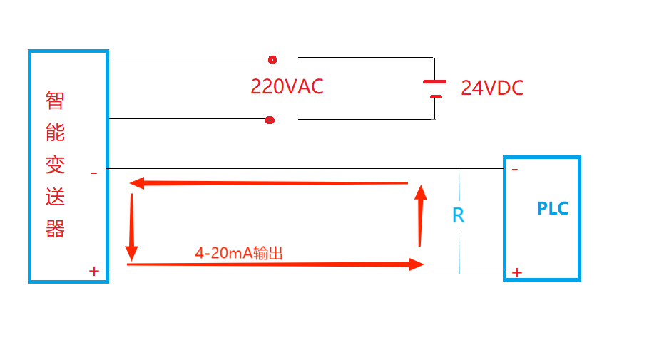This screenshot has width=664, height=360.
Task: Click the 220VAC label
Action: click(287, 86)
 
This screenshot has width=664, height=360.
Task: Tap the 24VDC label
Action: click(492, 88)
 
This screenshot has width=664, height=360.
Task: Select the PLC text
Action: click(553, 209)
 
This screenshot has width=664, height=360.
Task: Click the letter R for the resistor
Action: click(459, 215)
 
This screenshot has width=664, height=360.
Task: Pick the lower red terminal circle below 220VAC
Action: click(270, 120)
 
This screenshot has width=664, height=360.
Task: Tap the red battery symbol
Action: click(434, 88)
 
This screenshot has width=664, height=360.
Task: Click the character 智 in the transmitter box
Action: click(55, 101)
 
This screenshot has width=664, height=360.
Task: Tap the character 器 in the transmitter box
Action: click(55, 229)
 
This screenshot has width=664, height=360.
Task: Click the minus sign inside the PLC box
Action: click(515, 170)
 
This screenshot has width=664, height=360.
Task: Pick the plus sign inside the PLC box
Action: click(517, 272)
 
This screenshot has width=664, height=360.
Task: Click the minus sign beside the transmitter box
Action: click(93, 173)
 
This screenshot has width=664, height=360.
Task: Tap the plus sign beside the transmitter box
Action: click(93, 271)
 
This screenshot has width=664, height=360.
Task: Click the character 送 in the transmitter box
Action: click(55, 197)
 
